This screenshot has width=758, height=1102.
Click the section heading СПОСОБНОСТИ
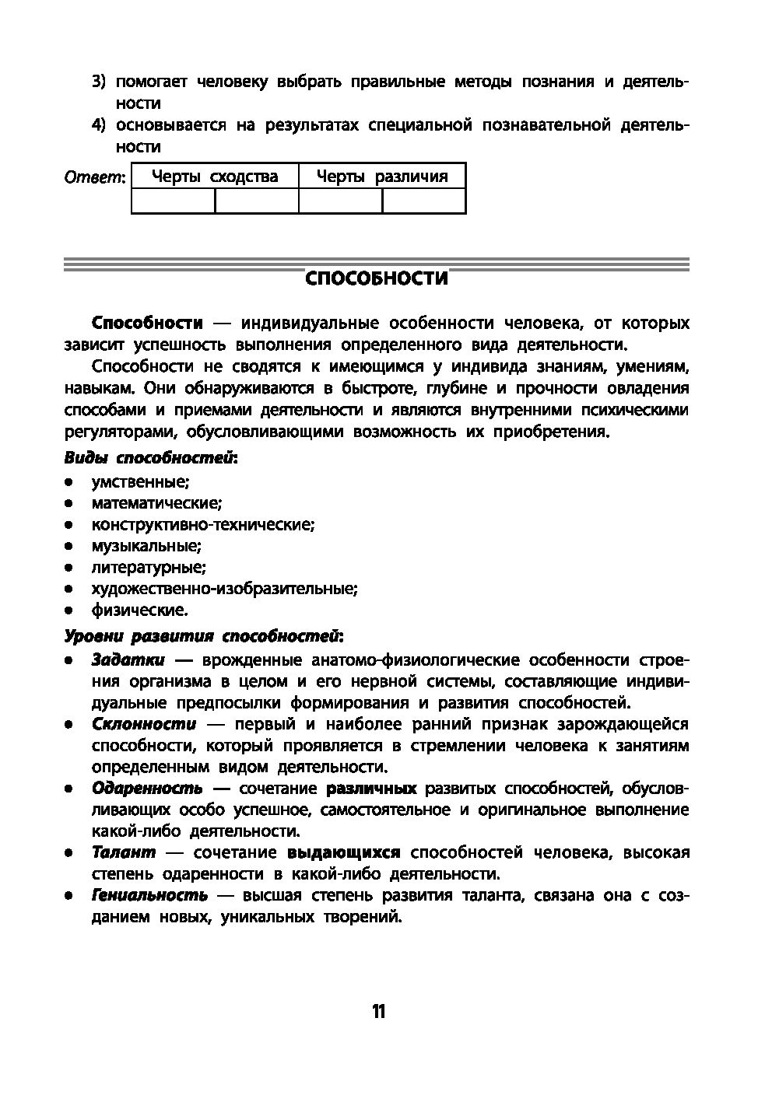[377, 278]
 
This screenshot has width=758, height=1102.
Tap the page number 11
[378, 1011]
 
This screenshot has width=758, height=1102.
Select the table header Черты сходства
[215, 177]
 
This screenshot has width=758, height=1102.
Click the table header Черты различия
[382, 177]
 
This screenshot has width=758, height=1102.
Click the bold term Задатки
[128, 660]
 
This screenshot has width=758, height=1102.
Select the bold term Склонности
[144, 724]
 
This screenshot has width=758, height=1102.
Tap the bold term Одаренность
[147, 789]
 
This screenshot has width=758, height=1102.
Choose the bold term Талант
[124, 852]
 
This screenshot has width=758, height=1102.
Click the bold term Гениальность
[149, 895]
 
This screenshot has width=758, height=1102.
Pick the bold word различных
[371, 789]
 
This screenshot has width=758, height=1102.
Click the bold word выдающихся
[344, 852]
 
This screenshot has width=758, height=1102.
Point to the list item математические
[156, 503]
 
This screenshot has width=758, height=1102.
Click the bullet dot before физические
[69, 610]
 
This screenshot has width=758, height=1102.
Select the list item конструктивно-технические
[203, 525]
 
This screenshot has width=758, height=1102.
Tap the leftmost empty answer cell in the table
[173, 201]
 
